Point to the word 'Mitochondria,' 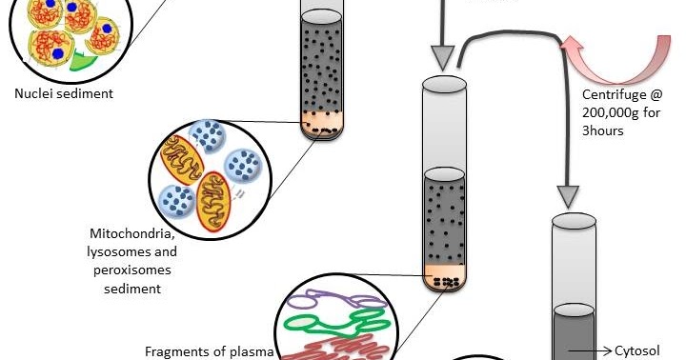point(132,233)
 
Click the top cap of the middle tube point(443,86)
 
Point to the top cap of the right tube point(575,223)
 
